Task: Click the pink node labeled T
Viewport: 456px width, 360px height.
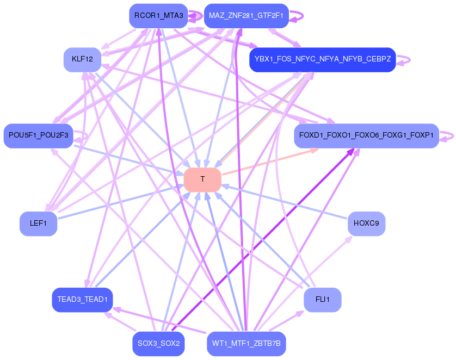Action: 202,179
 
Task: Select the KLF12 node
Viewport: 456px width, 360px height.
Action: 82,59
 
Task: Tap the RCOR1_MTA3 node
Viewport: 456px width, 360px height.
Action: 158,16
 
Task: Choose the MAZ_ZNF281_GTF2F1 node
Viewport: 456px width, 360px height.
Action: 246,16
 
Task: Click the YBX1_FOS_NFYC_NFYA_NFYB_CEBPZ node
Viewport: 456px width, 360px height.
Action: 322,59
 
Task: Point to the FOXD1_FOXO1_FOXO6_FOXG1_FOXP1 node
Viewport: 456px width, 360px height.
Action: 366,136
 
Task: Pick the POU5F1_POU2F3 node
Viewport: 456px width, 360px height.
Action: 38,136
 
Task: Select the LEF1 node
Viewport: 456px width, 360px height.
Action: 38,224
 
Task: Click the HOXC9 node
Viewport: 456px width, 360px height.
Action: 366,224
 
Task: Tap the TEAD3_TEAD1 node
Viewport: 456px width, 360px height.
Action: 82,300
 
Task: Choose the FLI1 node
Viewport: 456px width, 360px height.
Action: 322,300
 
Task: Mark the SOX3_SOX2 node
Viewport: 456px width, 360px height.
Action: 158,344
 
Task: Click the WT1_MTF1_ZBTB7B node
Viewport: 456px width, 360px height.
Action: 246,344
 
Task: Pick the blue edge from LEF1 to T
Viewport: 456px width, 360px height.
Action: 120,202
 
